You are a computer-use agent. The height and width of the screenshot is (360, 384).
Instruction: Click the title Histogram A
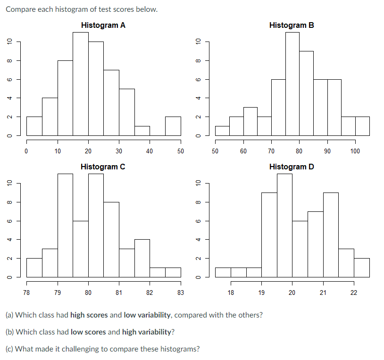click(x=103, y=25)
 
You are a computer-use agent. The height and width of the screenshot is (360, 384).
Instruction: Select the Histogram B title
click(x=291, y=25)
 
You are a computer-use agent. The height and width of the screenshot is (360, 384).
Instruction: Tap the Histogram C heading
click(x=103, y=167)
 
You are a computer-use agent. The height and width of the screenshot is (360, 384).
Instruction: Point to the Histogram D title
click(x=291, y=167)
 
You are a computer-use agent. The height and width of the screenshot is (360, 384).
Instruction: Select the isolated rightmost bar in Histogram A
click(x=173, y=126)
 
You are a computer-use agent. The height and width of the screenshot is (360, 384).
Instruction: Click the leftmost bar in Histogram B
click(x=222, y=130)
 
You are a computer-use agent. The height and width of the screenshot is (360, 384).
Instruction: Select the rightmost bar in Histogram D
click(x=361, y=267)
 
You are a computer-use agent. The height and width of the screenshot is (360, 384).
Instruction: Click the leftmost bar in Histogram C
click(x=34, y=267)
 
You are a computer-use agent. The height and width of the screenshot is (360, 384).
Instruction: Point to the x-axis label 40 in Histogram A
click(x=150, y=151)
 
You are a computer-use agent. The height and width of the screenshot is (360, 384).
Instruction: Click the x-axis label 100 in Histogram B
click(x=355, y=151)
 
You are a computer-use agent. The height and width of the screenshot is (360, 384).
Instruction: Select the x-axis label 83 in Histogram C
click(x=180, y=293)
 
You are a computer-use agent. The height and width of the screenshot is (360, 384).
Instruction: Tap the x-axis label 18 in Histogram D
click(x=231, y=293)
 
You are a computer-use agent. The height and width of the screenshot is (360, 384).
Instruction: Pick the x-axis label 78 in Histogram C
click(x=26, y=293)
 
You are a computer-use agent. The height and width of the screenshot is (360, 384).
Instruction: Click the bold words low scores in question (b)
click(x=88, y=332)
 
